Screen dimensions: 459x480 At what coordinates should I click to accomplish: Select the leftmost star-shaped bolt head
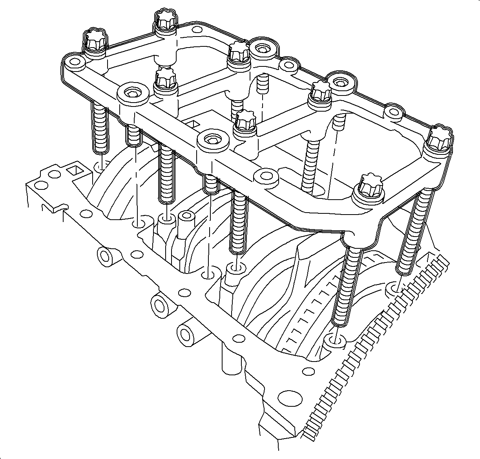pyautogui.click(x=94, y=39)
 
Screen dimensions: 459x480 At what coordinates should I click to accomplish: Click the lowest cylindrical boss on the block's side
pyautogui.click(x=188, y=334)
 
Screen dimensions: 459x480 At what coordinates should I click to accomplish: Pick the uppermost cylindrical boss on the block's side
pyautogui.click(x=105, y=256)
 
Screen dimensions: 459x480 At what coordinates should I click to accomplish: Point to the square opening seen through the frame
pyautogui.click(x=193, y=124)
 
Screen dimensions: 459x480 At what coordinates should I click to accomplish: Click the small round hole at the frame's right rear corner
pyautogui.click(x=393, y=112)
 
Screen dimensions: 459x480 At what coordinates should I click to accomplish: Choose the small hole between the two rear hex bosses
pyautogui.click(x=288, y=65)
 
